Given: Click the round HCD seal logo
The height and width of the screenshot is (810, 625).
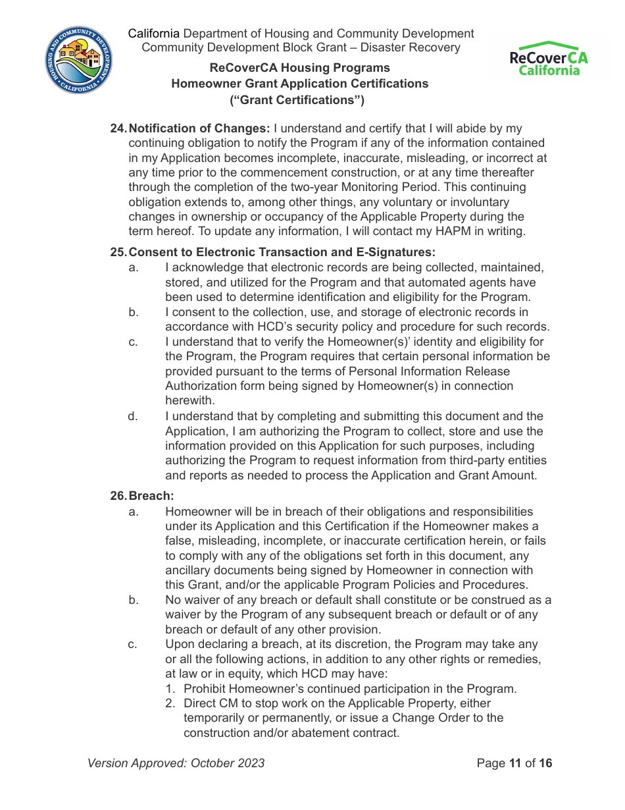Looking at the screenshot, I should [79, 60].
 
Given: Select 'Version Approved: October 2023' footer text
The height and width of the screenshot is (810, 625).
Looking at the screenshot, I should [176, 763].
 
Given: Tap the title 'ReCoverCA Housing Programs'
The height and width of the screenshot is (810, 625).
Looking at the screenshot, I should [299, 68].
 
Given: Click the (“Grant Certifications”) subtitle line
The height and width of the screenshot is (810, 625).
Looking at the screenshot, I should [297, 100].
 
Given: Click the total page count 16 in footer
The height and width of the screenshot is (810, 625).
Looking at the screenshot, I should [545, 763].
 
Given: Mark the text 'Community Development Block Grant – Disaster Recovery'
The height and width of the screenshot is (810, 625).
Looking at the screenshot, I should [301, 47].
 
